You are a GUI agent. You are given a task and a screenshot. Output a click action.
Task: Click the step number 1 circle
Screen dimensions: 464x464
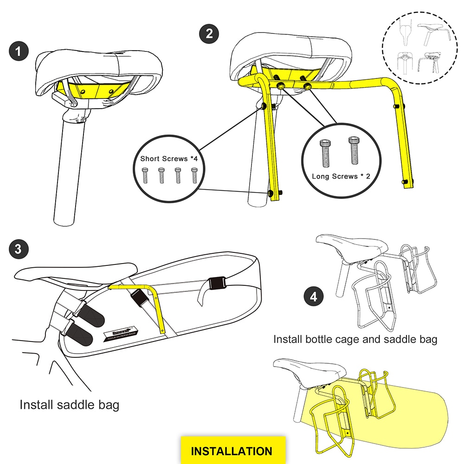(x=18, y=51)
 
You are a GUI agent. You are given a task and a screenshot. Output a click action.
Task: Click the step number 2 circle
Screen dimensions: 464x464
(x=209, y=33)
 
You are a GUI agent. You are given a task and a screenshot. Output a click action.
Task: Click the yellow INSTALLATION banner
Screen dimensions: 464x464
(x=232, y=451)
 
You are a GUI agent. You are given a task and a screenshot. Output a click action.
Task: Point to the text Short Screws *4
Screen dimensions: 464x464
(x=170, y=159)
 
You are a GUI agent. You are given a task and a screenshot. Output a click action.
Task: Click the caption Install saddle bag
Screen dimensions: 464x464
(x=70, y=405)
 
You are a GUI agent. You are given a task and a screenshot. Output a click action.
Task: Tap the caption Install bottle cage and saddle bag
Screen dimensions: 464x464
(x=355, y=339)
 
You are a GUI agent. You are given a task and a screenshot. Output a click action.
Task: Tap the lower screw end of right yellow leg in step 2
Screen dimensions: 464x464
(x=407, y=181)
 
